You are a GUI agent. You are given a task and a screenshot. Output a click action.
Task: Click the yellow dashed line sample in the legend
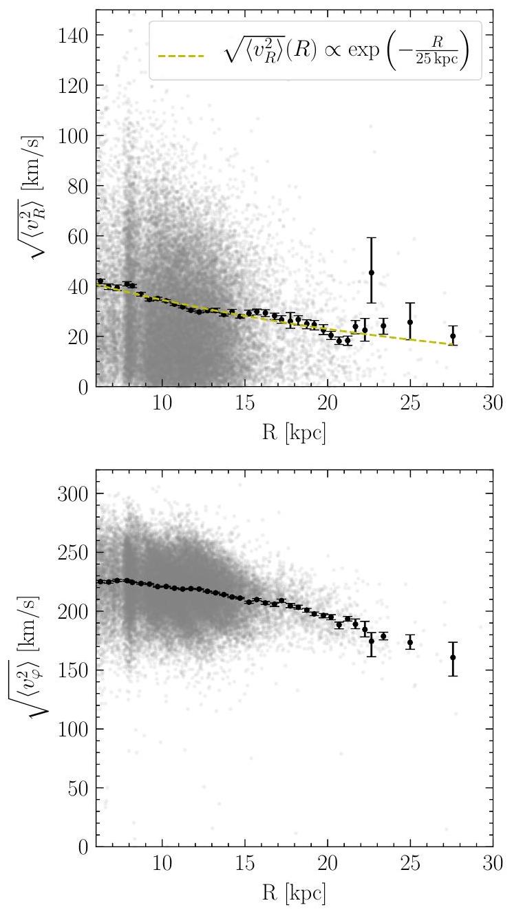coord(181,56)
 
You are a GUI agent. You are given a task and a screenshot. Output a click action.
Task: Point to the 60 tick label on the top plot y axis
coord(79,236)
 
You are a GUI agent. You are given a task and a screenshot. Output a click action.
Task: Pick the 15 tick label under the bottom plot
coord(244,863)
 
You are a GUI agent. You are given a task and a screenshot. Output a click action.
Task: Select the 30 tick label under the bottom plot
coord(493,863)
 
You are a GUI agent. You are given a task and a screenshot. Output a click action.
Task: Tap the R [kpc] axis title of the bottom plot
coord(294,893)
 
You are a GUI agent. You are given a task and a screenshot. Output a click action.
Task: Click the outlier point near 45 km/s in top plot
coord(372,273)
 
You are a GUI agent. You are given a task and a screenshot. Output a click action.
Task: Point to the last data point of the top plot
coord(453,337)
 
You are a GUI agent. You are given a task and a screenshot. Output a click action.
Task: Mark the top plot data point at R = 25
coord(410,322)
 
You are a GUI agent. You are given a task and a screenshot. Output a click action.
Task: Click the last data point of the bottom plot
coord(453,657)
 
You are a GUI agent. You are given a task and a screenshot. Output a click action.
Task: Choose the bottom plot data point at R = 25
coord(410,643)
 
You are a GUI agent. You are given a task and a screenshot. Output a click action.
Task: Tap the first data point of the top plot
coord(100,281)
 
